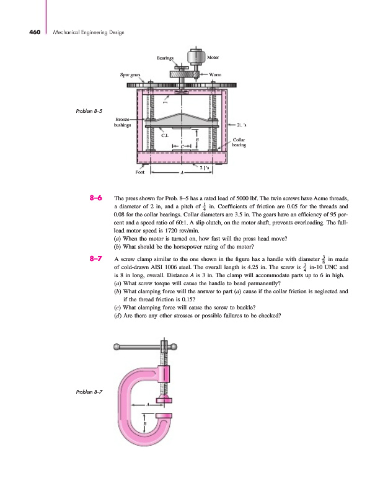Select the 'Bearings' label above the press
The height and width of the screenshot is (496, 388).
[x=165, y=58]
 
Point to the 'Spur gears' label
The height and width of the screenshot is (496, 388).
[x=131, y=74]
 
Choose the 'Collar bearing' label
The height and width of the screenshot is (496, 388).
[x=240, y=143]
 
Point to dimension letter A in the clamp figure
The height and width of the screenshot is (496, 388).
[x=148, y=404]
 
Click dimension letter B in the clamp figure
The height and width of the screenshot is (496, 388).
[x=145, y=425]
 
